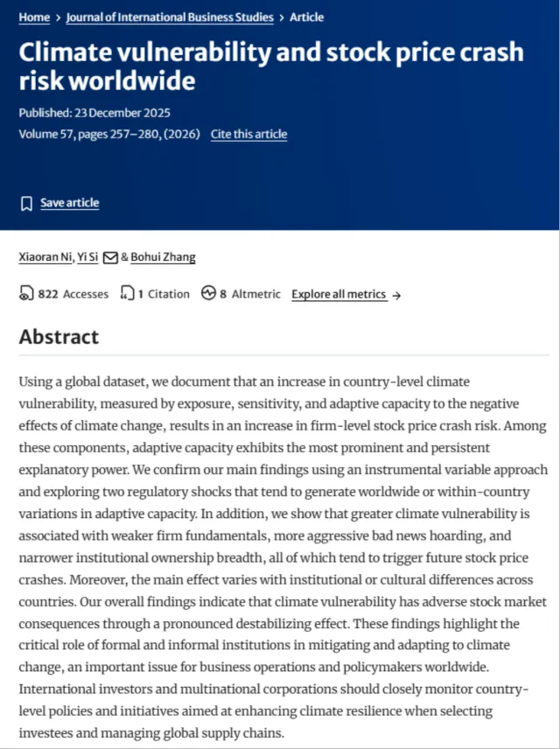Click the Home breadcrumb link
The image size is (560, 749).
coord(34,17)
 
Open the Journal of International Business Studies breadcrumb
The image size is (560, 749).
coord(170,17)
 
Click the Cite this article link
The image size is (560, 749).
coord(248,134)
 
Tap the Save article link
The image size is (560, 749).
coord(69,203)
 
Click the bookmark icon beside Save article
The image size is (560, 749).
coord(26,204)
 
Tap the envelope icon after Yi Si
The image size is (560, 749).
coord(110,257)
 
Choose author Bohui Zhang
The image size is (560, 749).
coord(163,257)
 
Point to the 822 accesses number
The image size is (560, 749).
coord(48,294)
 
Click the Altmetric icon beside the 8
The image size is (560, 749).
coord(208,294)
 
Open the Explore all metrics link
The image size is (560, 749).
coord(339,294)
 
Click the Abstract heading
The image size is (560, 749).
coord(59,337)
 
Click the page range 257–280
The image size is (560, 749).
coord(129,134)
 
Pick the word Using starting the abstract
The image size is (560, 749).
coord(36,382)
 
